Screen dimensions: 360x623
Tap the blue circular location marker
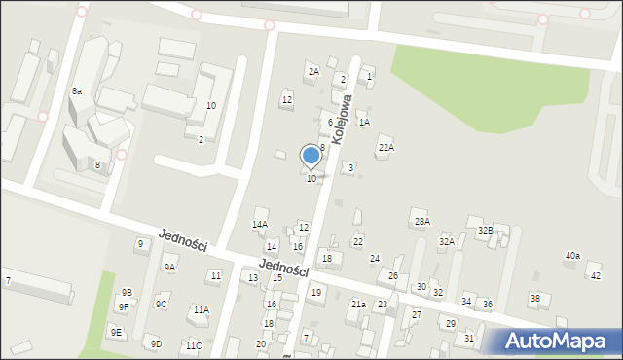[x=311, y=155]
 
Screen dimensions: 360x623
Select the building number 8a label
[x=76, y=90]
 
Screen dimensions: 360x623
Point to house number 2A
[x=313, y=71]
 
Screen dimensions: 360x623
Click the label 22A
[x=385, y=147]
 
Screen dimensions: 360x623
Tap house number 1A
[x=364, y=122]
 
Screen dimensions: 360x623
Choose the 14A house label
[x=260, y=224]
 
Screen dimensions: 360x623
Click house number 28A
[x=421, y=222]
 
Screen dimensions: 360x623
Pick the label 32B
[x=485, y=230]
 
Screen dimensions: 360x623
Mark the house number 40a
[x=572, y=255]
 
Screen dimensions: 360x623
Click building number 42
[x=596, y=276]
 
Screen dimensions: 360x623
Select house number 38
[x=534, y=297]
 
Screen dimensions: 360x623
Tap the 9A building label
[x=169, y=267]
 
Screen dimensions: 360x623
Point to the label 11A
[x=201, y=309]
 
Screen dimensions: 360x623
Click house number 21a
[x=358, y=305]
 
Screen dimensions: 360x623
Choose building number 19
[x=316, y=291]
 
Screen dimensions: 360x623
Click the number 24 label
[x=375, y=258]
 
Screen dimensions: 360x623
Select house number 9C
[x=162, y=304]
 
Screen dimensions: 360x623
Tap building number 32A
[x=447, y=241]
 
